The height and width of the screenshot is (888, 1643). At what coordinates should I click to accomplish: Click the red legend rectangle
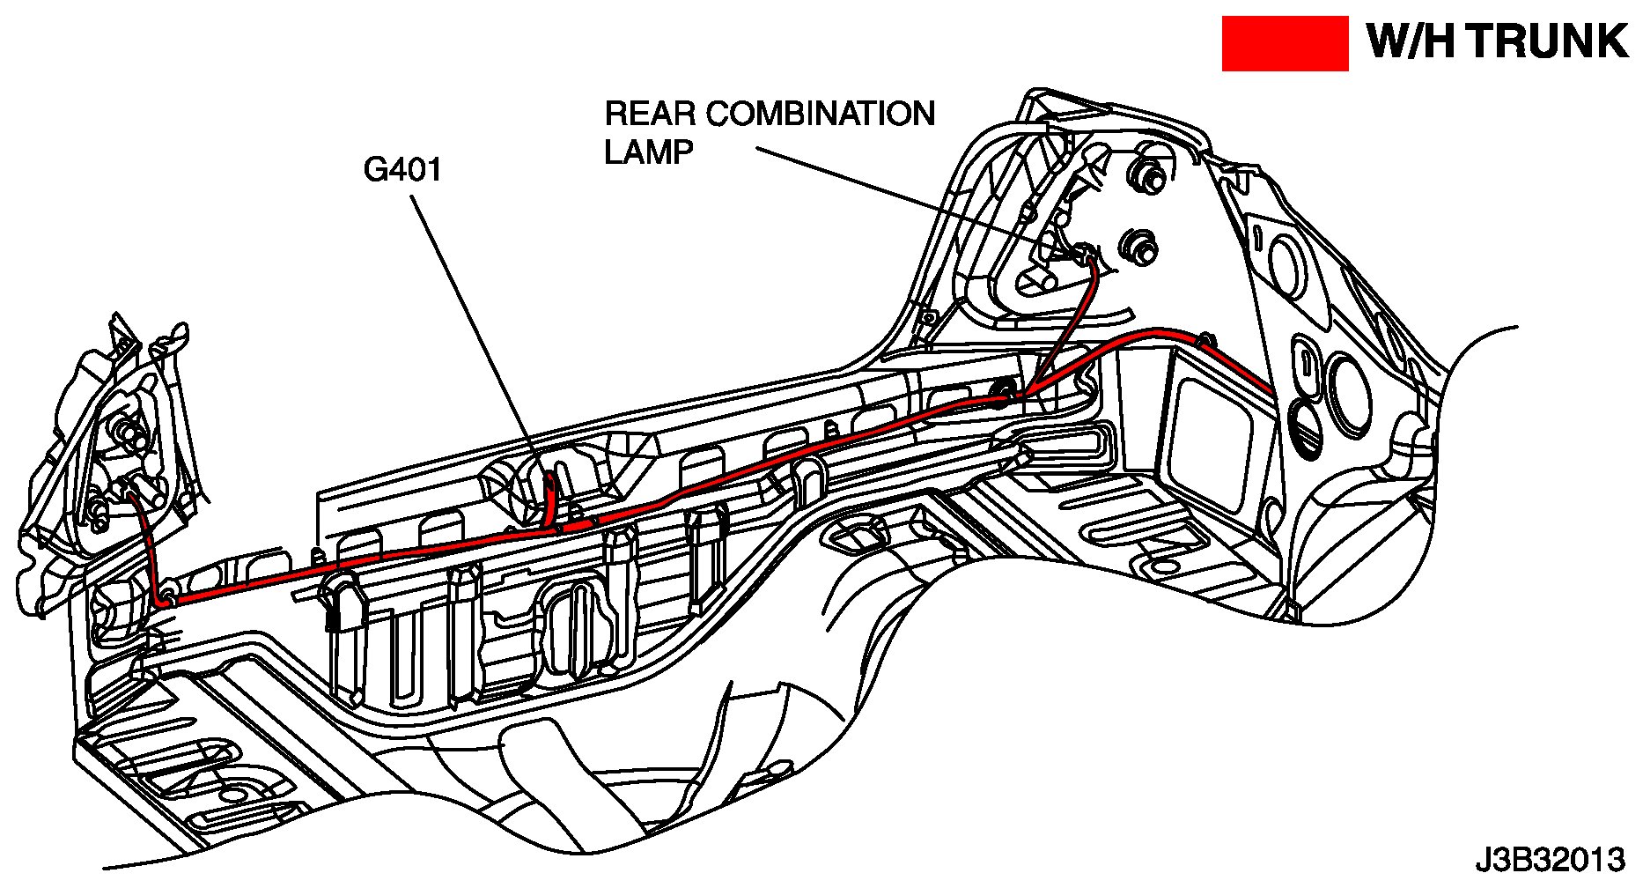tap(1285, 43)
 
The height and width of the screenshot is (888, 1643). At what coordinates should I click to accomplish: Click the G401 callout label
tap(403, 169)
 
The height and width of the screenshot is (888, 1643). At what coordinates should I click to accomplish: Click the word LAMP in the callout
tap(649, 152)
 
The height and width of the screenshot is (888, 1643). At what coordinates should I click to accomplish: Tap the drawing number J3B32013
tap(1550, 859)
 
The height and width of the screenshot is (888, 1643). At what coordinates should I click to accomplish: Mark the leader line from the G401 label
tap(475, 335)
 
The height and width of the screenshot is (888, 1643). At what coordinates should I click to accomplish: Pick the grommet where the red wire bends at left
tap(166, 599)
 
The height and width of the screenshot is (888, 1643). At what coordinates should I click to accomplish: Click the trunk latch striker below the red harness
tap(342, 599)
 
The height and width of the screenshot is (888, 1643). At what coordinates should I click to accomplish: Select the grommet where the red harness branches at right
tap(1004, 389)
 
